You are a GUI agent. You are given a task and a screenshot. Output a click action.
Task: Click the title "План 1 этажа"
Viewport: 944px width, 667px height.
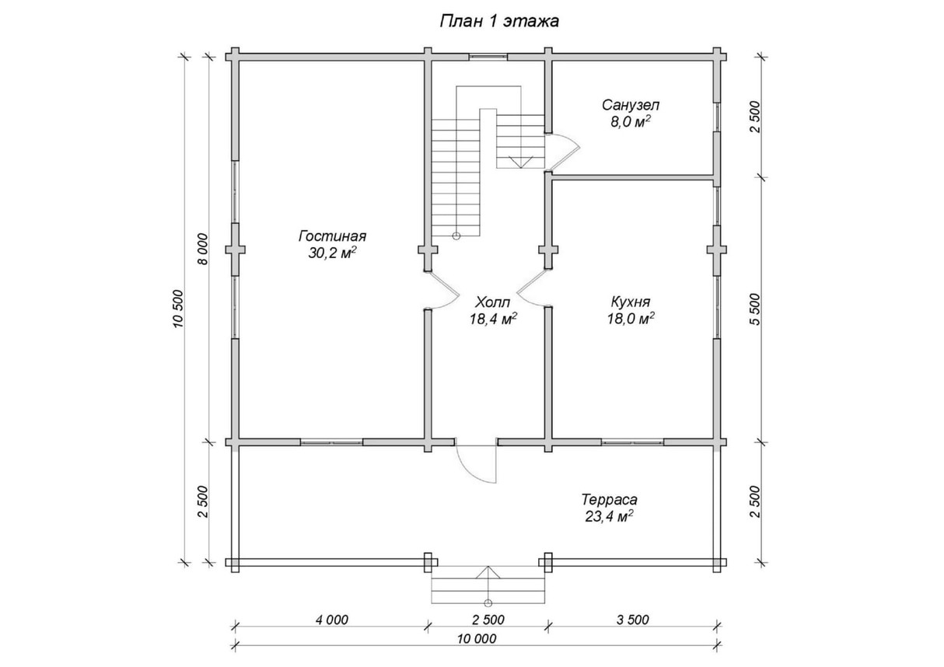(499, 21)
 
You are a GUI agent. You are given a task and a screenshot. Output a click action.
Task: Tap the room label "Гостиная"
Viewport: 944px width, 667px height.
(332, 236)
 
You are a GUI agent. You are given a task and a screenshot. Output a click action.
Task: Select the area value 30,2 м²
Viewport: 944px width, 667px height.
(333, 253)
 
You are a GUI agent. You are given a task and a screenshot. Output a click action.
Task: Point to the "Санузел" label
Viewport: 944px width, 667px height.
(631, 105)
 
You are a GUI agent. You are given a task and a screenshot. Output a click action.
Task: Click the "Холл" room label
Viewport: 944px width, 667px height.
(493, 302)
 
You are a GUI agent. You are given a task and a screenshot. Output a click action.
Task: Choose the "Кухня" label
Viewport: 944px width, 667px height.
(631, 302)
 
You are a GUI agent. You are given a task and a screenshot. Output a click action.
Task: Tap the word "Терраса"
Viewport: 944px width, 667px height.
(610, 500)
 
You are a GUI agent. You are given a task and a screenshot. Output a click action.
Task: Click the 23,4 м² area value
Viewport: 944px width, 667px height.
(610, 516)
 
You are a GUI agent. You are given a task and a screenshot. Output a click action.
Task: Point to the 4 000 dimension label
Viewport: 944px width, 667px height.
(332, 620)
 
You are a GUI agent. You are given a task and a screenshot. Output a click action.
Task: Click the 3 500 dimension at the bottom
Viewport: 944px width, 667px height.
(632, 620)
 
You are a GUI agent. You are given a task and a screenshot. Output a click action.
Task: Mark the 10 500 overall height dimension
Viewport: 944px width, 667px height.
(178, 309)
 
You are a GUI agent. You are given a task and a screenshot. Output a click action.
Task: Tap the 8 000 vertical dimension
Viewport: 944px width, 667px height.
(203, 249)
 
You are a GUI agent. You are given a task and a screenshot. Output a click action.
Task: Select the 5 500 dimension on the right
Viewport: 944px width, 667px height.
(755, 309)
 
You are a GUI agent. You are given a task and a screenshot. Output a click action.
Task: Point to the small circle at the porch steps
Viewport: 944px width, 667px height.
(488, 603)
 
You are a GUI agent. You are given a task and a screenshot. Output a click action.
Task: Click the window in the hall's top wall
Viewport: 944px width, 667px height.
(488, 58)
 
